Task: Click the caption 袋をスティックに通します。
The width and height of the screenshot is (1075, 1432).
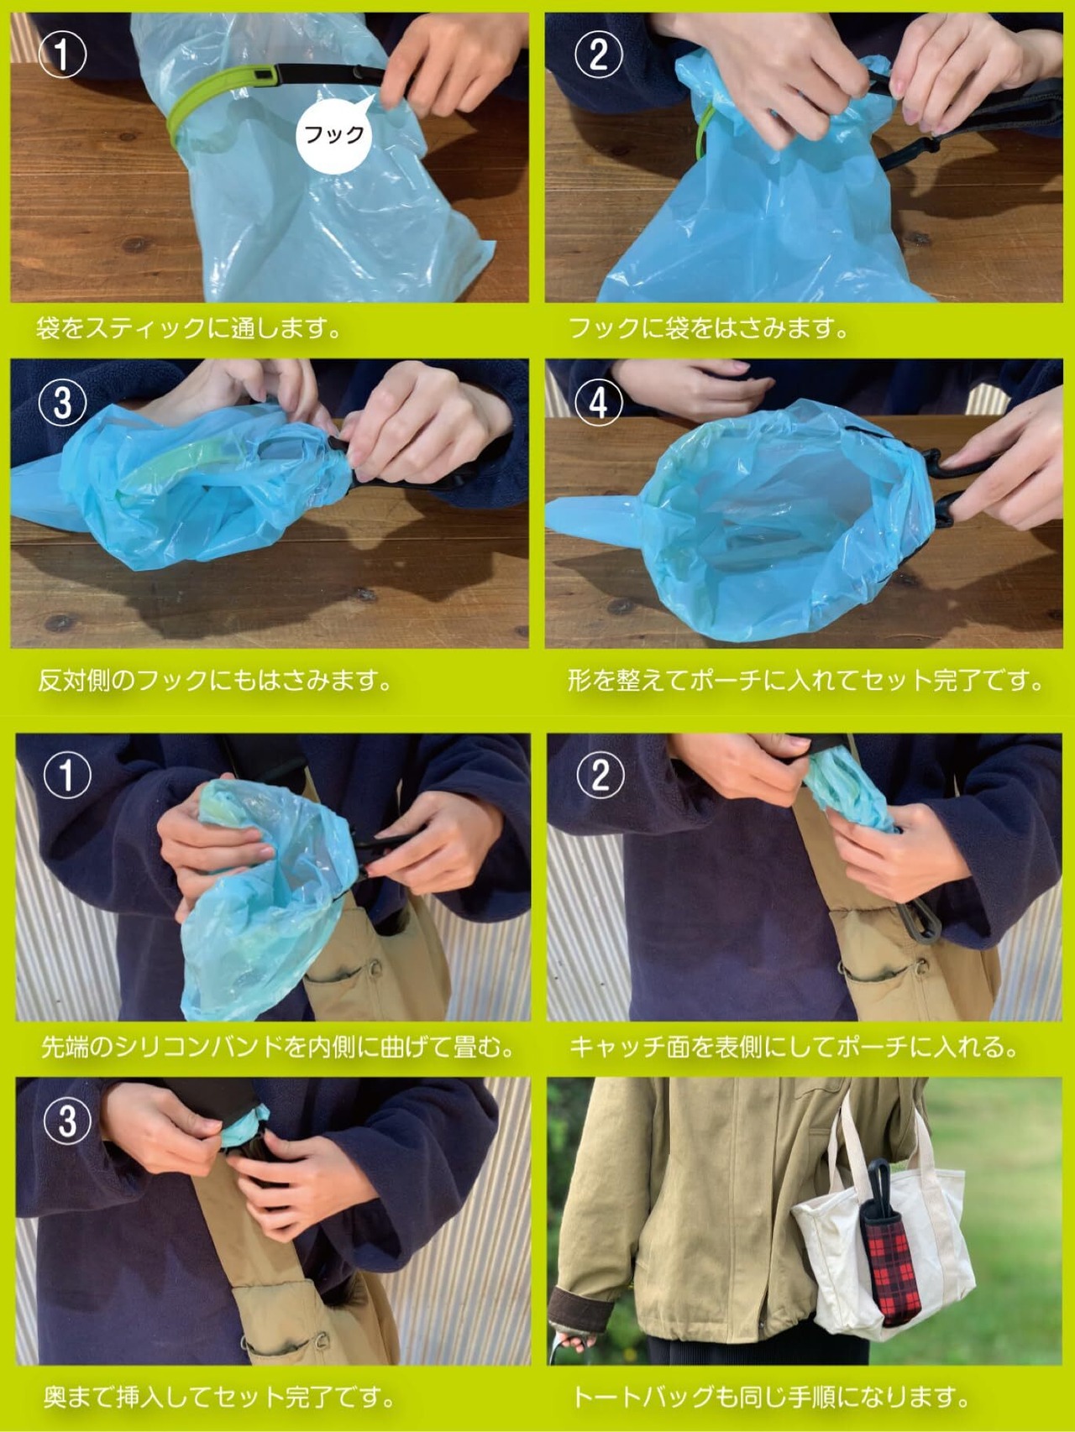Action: tap(189, 328)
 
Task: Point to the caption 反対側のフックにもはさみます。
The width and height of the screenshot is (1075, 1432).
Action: tap(216, 680)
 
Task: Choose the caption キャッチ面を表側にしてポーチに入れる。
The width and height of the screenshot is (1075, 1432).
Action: tap(794, 1047)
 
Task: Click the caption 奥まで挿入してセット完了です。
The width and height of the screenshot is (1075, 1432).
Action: tap(220, 1397)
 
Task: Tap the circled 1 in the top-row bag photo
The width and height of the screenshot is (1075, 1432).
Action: tap(63, 55)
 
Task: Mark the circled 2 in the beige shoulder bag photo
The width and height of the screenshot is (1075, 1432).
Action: tap(600, 774)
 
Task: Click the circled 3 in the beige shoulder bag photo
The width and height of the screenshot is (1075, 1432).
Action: tap(67, 1121)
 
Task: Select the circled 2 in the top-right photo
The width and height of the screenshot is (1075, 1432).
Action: tap(598, 55)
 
